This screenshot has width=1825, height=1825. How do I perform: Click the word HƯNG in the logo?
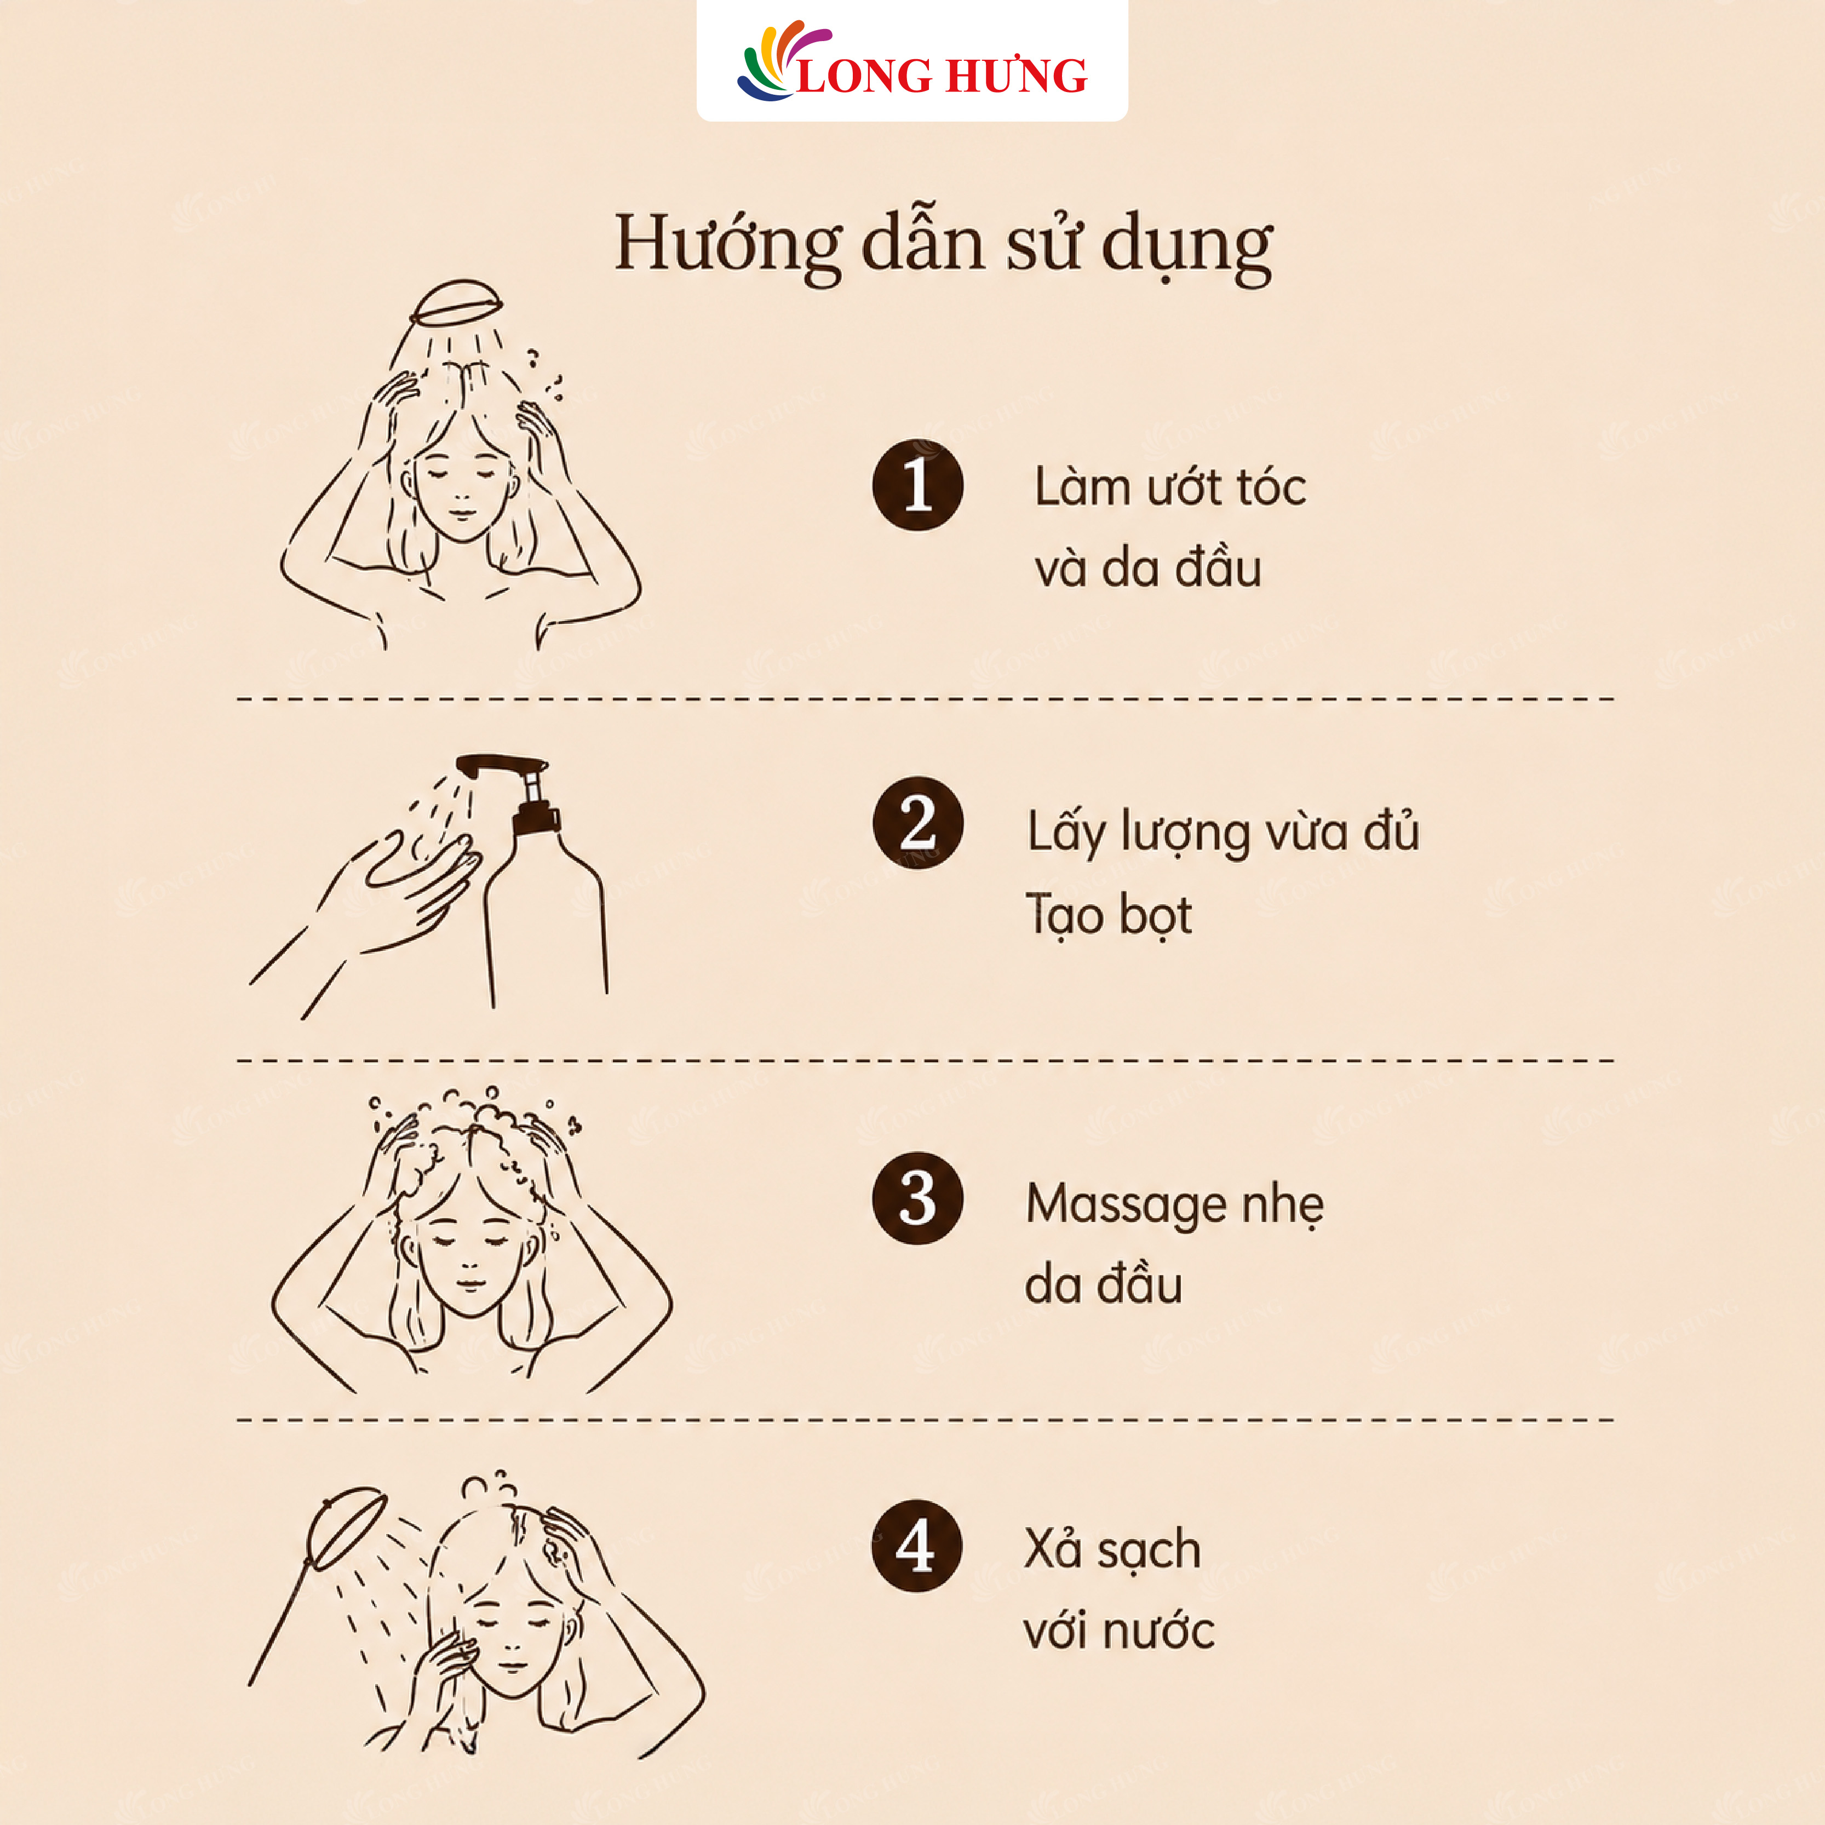[x=1015, y=76]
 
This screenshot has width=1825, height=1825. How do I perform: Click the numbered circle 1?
[x=917, y=485]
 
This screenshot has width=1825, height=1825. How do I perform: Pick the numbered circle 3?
[x=917, y=1198]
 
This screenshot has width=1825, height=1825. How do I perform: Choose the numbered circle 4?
[x=915, y=1546]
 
